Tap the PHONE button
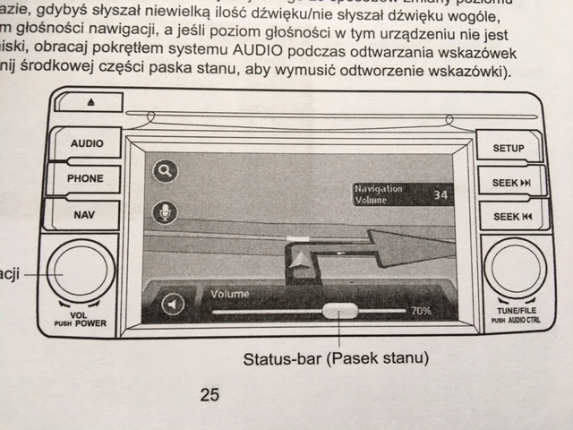click(86, 178)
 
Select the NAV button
click(84, 215)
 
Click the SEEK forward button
click(511, 183)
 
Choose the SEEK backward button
click(511, 218)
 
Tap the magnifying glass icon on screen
click(165, 171)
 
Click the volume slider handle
click(338, 311)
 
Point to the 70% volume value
click(420, 312)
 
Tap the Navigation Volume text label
click(380, 194)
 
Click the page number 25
click(210, 394)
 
